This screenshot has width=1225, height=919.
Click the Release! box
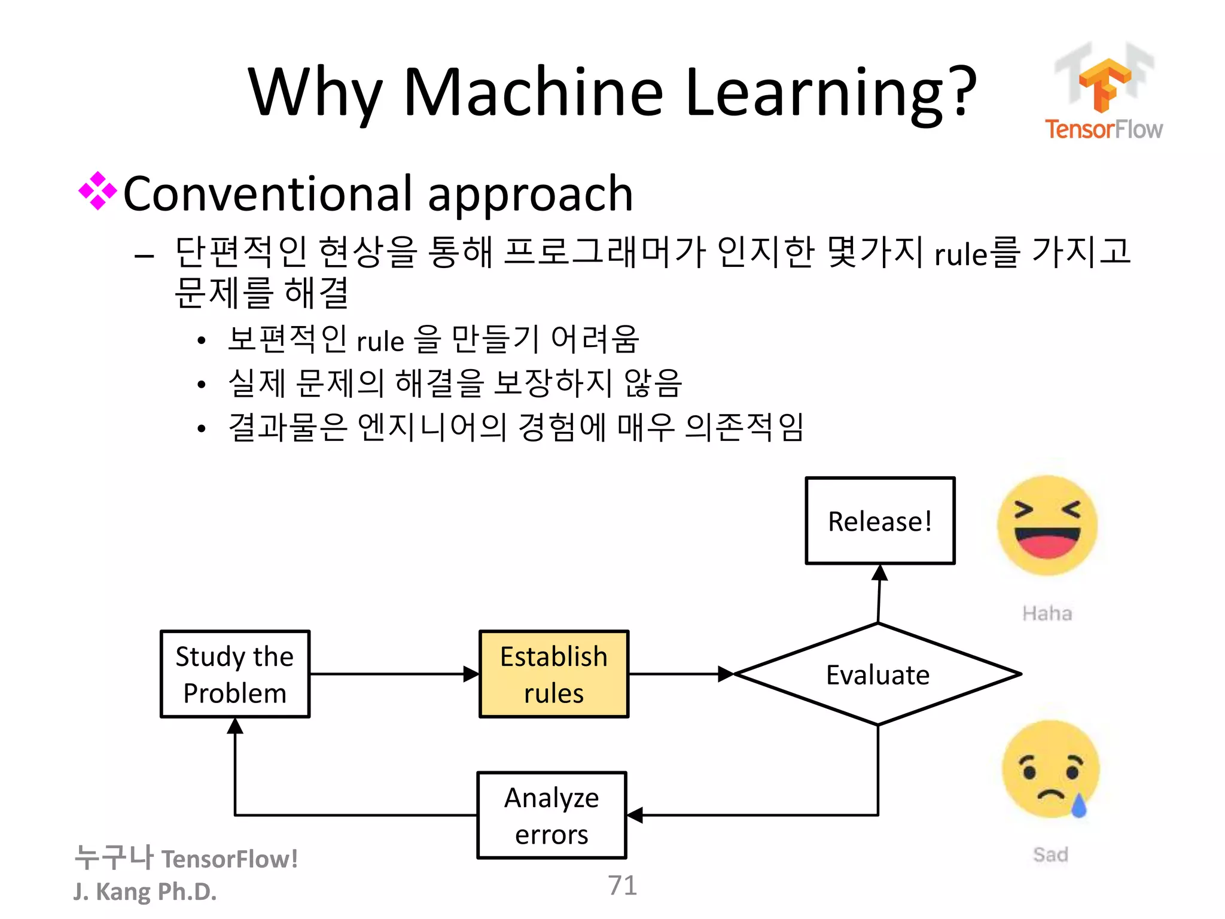[880, 521]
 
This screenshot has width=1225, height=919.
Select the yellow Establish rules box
[554, 674]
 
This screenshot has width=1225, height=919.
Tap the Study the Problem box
[235, 674]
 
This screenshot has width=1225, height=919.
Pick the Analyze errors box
[551, 815]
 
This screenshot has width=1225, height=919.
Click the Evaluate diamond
[877, 674]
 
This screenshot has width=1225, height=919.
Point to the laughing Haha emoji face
[1047, 525]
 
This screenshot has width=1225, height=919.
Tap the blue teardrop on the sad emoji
[1078, 807]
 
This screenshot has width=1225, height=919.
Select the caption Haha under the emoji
[1047, 613]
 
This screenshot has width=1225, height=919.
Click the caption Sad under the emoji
[1050, 854]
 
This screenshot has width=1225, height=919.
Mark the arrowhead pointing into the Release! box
[879, 573]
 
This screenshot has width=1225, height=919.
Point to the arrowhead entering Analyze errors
[636, 815]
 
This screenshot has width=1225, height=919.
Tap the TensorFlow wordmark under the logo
[1104, 129]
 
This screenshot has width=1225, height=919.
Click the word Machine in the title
[534, 93]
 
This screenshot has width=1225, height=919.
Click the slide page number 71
[622, 885]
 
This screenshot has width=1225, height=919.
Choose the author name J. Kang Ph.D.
[145, 891]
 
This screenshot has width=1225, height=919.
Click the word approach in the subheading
[530, 194]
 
